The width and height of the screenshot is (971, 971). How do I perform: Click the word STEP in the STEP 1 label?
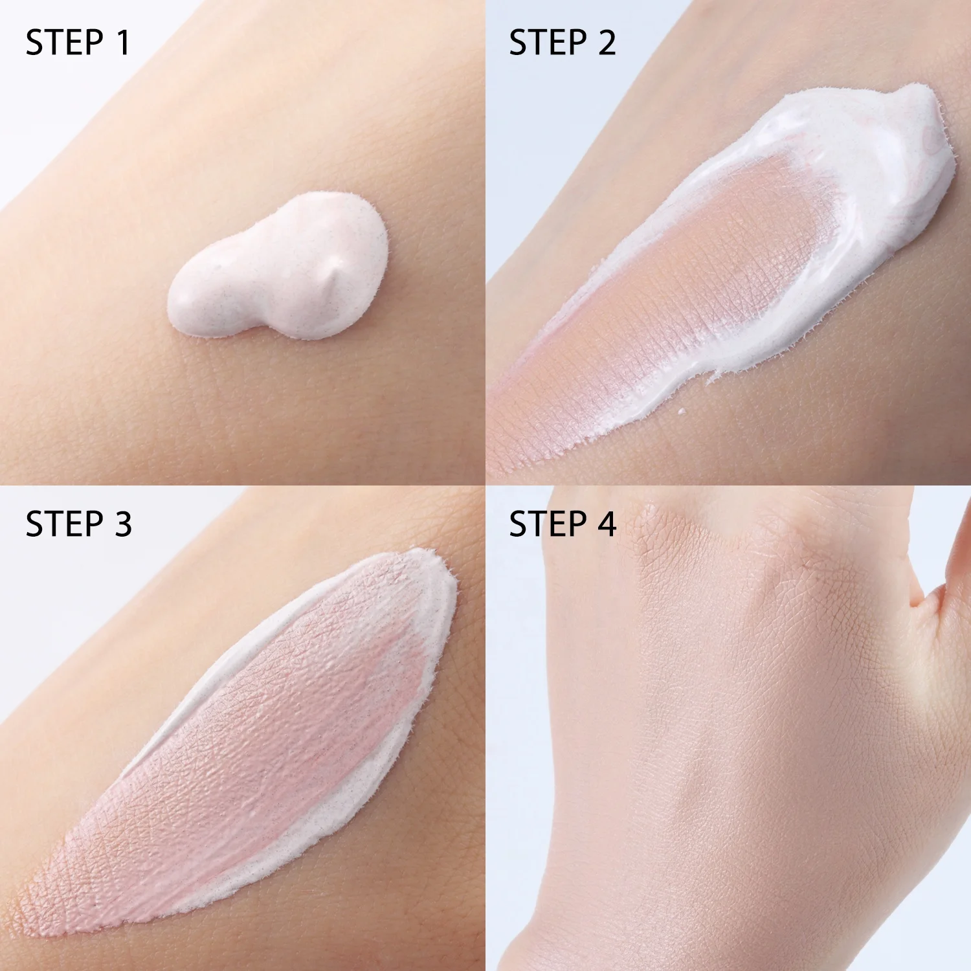click(64, 43)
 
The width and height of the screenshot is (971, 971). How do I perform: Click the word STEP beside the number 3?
click(64, 524)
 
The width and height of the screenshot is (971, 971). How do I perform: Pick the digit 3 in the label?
click(122, 524)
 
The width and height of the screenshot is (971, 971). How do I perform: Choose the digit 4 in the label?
click(607, 524)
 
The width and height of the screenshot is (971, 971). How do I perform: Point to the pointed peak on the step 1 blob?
click(331, 275)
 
